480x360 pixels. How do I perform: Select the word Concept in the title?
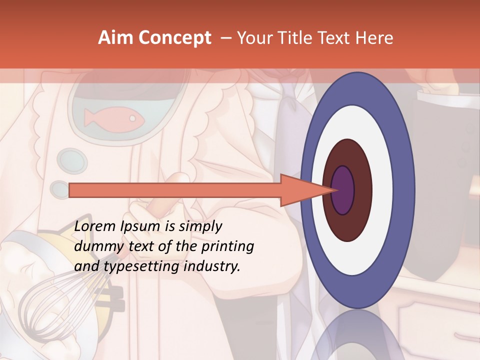click(x=175, y=38)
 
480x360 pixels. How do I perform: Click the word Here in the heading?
click(x=375, y=38)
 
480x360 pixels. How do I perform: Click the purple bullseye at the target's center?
click(x=342, y=190)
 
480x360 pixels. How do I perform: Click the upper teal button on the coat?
click(x=65, y=159)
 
